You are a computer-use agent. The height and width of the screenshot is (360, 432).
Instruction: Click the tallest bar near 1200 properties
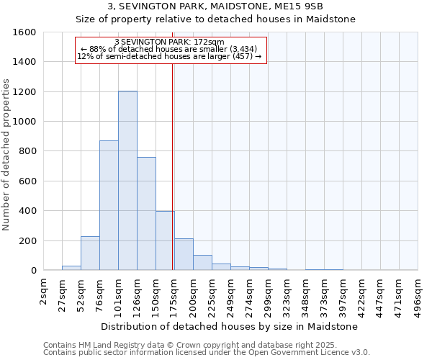coord(127,181)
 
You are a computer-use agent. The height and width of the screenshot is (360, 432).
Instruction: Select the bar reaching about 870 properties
coord(109,205)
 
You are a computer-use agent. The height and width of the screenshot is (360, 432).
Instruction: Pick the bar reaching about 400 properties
coord(165,240)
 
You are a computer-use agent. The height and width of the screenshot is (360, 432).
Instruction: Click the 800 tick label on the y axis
coord(26,151)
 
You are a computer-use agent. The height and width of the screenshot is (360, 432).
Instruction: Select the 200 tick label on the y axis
coord(26,240)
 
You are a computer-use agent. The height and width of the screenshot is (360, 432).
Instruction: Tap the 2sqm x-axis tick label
coord(44,291)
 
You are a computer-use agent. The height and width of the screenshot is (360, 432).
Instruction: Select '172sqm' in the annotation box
coord(210,42)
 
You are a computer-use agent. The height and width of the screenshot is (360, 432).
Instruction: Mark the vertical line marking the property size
coord(173,166)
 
